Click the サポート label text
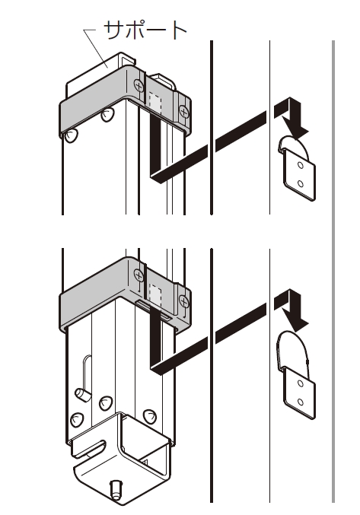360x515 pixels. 145,30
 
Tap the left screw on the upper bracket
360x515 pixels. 139,86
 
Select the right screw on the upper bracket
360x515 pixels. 184,112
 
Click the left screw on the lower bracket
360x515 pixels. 139,275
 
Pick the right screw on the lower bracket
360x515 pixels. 184,300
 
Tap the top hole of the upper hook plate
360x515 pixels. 301,166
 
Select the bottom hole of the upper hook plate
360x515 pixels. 301,183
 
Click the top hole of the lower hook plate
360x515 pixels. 301,383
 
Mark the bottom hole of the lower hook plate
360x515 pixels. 301,402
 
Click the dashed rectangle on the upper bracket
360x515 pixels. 155,102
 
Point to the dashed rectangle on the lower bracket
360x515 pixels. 155,293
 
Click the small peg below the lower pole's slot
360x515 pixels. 83,394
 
